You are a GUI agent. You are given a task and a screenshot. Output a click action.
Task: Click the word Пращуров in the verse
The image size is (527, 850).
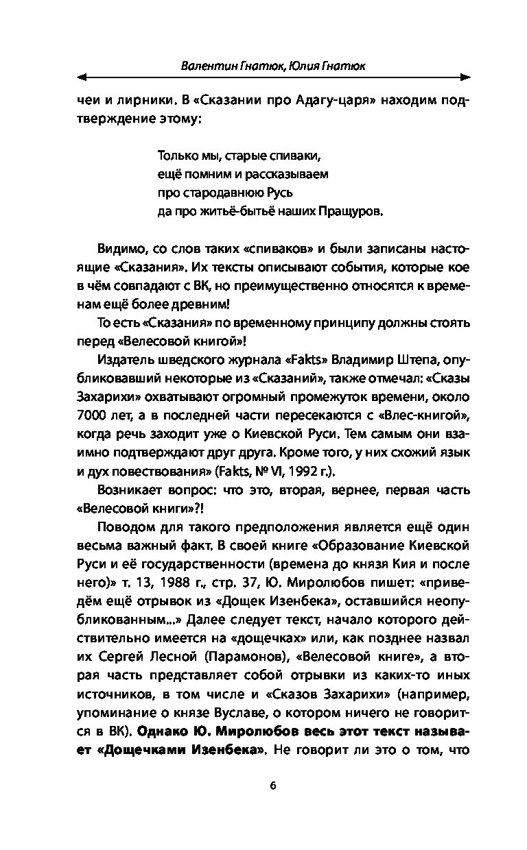[350, 212]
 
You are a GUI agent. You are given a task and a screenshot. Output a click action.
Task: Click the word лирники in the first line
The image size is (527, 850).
[130, 101]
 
